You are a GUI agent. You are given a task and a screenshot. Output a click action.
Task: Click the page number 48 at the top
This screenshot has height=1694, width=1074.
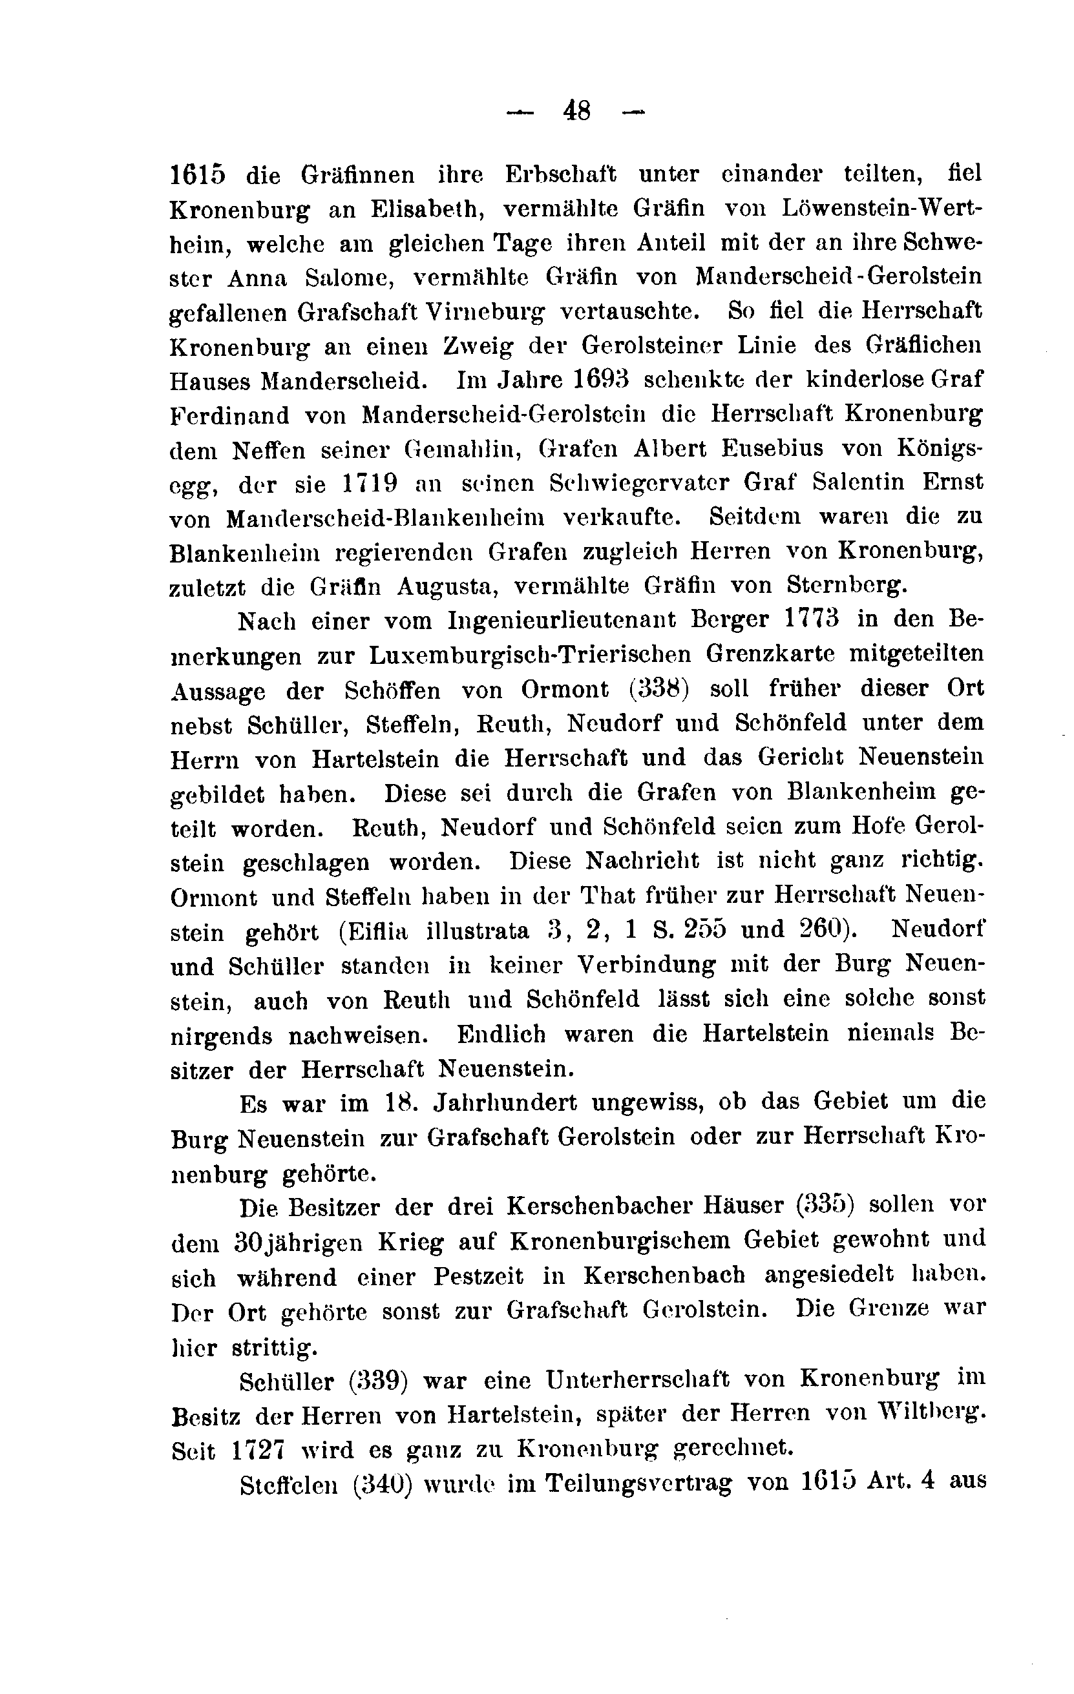pos(576,111)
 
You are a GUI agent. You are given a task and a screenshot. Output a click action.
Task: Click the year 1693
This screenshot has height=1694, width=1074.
pos(598,380)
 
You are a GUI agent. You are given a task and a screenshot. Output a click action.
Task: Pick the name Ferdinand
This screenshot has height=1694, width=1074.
pos(229,415)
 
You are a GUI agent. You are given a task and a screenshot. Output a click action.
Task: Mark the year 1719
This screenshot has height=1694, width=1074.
pos(370,483)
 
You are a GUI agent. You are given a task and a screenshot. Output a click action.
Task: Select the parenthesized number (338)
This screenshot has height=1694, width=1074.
pos(658,688)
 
